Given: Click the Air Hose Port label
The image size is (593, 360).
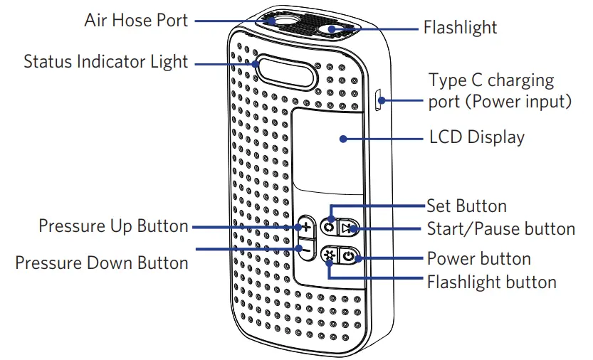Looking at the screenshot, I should (136, 20).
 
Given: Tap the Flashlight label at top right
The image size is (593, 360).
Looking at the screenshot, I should (460, 28).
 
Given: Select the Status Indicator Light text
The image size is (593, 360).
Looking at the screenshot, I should (105, 62).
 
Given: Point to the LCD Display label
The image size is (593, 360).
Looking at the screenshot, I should (477, 137).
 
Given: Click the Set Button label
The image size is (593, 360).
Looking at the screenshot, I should (466, 206).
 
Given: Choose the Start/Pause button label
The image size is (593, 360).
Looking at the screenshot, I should (500, 228).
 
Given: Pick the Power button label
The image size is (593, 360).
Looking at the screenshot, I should (478, 258).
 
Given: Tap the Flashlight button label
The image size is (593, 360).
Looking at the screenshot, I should (491, 282).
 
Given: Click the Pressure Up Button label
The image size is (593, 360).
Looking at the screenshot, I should (113, 227).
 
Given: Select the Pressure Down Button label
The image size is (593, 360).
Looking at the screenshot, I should (102, 263).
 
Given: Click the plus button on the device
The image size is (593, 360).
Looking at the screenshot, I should (305, 228).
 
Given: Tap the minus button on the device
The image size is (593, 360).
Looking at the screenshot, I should (305, 250).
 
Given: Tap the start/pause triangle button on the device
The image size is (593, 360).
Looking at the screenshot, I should (345, 228).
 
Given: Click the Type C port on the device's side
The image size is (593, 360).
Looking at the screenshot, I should (379, 100).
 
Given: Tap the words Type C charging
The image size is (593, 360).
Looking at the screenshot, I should (490, 80).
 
